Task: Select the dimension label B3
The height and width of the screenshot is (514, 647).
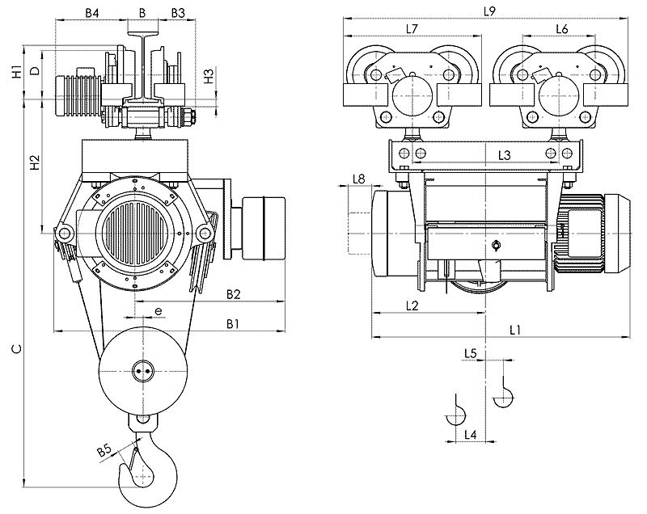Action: tap(178, 14)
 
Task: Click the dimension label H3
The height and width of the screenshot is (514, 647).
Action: tap(209, 78)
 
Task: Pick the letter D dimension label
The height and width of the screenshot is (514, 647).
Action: tap(34, 71)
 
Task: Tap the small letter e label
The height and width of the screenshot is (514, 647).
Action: tap(159, 310)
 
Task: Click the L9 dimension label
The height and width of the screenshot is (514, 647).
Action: tap(488, 11)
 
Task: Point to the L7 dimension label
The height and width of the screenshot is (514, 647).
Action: tap(411, 29)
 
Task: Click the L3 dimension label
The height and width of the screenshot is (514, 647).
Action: tap(504, 154)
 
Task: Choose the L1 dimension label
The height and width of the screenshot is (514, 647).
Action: tap(515, 329)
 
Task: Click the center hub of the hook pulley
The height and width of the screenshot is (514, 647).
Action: tap(142, 371)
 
